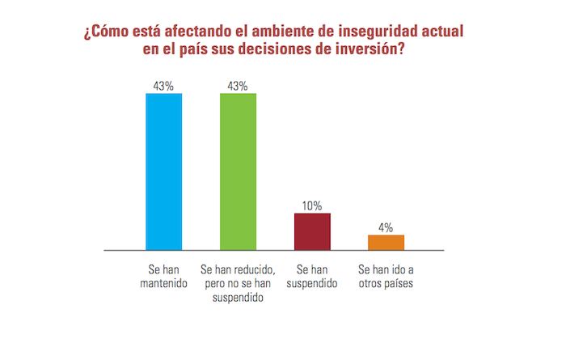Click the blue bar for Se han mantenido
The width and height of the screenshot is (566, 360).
pyautogui.click(x=163, y=172)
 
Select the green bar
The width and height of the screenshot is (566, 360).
pyautogui.click(x=238, y=172)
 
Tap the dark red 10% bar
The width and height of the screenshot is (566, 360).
pyautogui.click(x=312, y=231)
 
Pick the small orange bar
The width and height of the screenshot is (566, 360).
pyautogui.click(x=386, y=242)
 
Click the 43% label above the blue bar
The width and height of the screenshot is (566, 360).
pyautogui.click(x=163, y=86)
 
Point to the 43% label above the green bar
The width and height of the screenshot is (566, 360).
pyautogui.click(x=238, y=86)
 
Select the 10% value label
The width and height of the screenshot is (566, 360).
pyautogui.click(x=312, y=205)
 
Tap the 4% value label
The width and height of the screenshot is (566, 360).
pyautogui.click(x=386, y=227)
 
